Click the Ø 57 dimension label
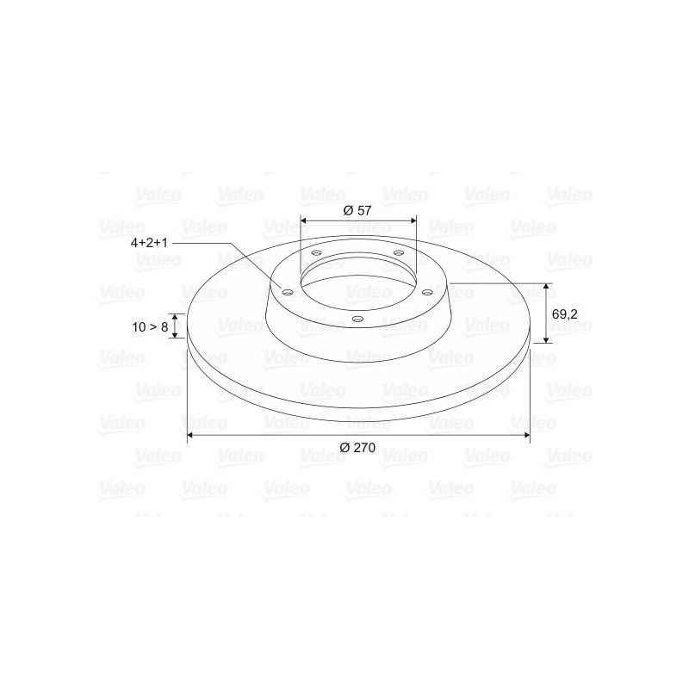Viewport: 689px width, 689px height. tap(357, 210)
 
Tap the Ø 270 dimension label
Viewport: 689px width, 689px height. tap(357, 447)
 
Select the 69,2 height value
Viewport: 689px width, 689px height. tap(565, 314)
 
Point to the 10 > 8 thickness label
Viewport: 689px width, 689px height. tap(150, 327)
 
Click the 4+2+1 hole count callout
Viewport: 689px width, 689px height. tap(149, 243)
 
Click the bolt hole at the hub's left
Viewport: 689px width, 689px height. tap(288, 293)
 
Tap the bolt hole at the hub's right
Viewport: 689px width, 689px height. tap(427, 291)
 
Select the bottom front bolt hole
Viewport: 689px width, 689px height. tap(358, 319)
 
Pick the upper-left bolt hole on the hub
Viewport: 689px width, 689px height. tap(316, 253)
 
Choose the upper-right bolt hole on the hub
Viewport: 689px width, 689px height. tap(399, 252)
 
